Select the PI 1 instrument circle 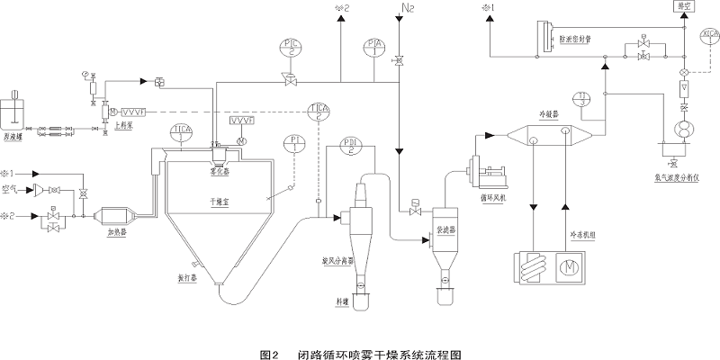coord(295,144)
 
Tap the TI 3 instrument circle coord(583,98)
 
